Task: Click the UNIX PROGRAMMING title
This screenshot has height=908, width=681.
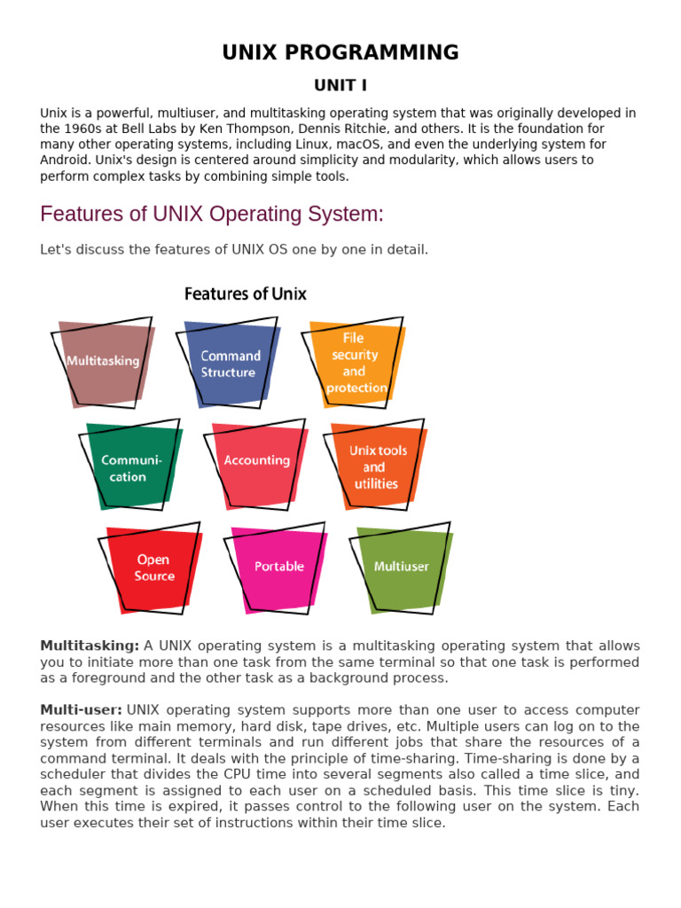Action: coord(340,52)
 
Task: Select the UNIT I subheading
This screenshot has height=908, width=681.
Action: coord(340,85)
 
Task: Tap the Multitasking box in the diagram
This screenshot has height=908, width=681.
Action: coord(104,361)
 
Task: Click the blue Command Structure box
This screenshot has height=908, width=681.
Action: coord(230,364)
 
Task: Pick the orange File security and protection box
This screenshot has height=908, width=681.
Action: coord(355,363)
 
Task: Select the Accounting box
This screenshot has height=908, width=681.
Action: coord(256,461)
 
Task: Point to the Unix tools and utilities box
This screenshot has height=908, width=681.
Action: coord(377,466)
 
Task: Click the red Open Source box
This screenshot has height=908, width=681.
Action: coord(154,568)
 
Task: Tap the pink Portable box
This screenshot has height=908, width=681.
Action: coord(278,567)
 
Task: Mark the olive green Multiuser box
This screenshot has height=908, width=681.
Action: coord(402,567)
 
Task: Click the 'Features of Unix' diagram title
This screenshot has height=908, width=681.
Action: coord(246,294)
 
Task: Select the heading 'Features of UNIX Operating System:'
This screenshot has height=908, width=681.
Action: coord(212,215)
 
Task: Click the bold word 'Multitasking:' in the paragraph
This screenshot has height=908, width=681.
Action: coord(90,646)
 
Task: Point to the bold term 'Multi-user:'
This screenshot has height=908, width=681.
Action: coord(81,710)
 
